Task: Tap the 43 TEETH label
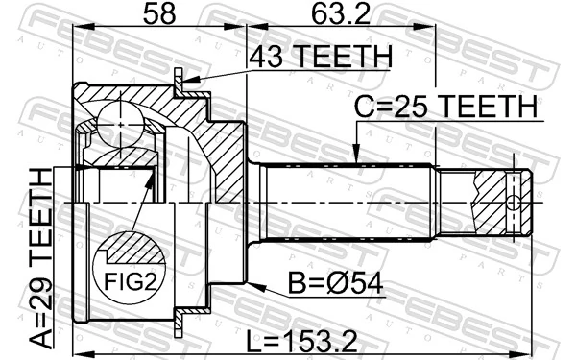[x=320, y=58]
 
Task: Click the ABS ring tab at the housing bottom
[x=180, y=322]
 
